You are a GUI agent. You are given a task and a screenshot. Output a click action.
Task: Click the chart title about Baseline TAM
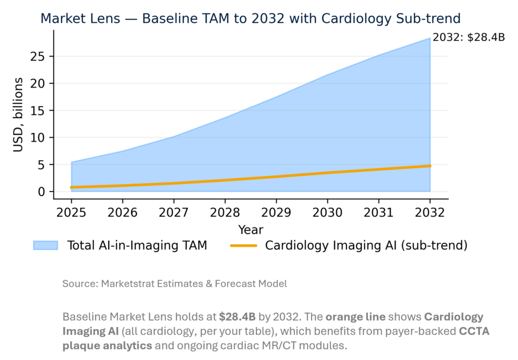pyautogui.click(x=250, y=19)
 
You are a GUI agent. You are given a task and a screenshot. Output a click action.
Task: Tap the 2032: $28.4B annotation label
pyautogui.click(x=468, y=37)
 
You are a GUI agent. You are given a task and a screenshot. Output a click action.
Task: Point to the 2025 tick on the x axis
pyautogui.click(x=71, y=212)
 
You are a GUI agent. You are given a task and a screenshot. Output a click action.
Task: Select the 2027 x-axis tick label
pyautogui.click(x=174, y=212)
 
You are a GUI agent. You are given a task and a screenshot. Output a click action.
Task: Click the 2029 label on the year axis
pyautogui.click(x=276, y=212)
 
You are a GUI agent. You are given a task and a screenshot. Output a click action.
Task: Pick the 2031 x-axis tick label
pyautogui.click(x=379, y=212)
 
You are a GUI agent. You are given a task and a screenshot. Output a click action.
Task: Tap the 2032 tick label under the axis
pyautogui.click(x=430, y=212)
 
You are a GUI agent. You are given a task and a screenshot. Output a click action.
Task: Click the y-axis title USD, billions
pyautogui.click(x=18, y=114)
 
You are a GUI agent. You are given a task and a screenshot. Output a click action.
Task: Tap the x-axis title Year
pyautogui.click(x=250, y=230)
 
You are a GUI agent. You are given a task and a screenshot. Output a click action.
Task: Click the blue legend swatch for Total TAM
pyautogui.click(x=45, y=246)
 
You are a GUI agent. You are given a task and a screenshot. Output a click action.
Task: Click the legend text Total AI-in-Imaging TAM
pyautogui.click(x=137, y=246)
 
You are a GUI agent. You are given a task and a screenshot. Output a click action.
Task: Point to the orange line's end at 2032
pyautogui.click(x=430, y=166)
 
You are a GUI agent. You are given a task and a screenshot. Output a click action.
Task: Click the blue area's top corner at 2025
pyautogui.click(x=72, y=162)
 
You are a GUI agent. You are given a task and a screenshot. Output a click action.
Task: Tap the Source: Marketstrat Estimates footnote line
pyautogui.click(x=175, y=284)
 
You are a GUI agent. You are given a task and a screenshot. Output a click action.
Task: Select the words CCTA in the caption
pyautogui.click(x=473, y=332)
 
